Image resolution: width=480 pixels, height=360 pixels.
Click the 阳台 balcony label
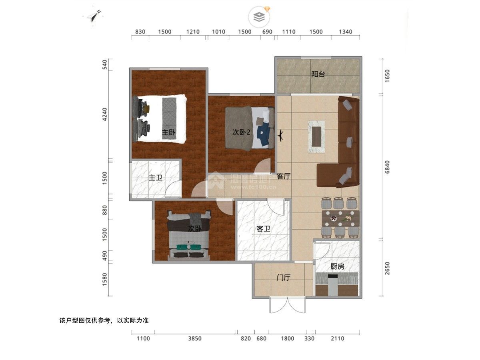tap(318, 74)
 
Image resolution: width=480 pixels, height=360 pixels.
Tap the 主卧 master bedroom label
tap(168, 132)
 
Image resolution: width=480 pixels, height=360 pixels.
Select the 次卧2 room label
tap(241, 132)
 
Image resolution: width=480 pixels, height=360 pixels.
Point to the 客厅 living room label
tap(284, 176)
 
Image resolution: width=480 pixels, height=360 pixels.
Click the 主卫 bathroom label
tap(155, 178)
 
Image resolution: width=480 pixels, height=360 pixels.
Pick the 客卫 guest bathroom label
tap(263, 229)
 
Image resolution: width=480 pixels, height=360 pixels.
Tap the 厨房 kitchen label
tap(337, 266)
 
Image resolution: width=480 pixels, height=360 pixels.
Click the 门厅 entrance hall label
tap(284, 278)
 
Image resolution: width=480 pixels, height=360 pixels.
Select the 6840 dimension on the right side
tap(387, 167)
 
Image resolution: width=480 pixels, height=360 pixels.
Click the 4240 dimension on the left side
tap(105, 114)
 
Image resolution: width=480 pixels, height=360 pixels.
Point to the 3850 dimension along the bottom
tap(195, 338)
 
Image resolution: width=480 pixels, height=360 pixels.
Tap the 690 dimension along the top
tap(267, 32)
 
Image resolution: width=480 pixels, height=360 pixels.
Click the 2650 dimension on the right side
tap(387, 268)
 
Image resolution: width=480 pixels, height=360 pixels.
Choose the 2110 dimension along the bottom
tap(338, 338)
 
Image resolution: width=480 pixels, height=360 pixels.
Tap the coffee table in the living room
tap(316, 136)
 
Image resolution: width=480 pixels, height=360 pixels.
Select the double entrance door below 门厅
tap(287, 305)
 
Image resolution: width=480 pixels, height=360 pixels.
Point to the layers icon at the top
tap(259, 17)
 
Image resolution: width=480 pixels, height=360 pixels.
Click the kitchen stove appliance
tap(333, 285)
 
